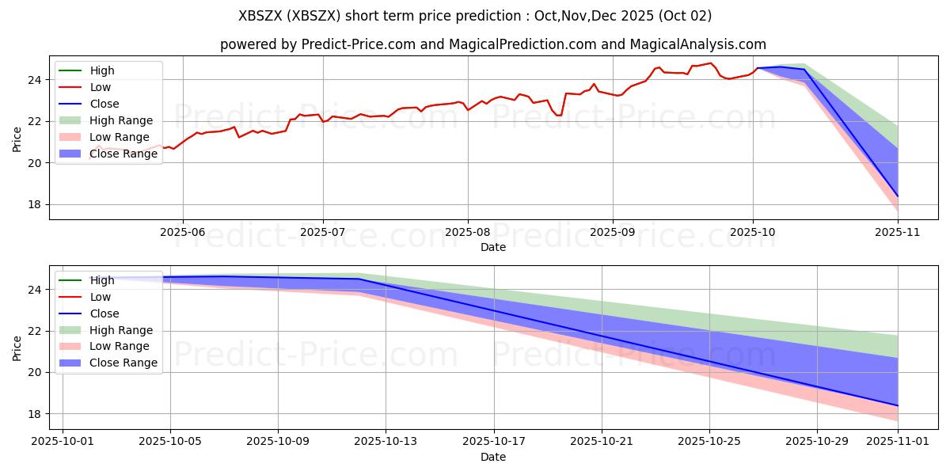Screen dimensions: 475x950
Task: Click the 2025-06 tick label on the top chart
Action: (183, 232)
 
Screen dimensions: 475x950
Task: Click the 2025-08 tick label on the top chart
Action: (467, 232)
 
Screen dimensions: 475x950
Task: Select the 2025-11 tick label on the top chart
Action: (898, 232)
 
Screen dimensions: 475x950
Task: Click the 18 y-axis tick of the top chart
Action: (36, 204)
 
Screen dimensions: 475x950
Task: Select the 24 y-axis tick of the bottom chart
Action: (36, 290)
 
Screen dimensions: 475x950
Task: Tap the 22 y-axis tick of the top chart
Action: (36, 121)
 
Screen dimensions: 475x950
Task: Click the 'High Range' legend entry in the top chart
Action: (121, 120)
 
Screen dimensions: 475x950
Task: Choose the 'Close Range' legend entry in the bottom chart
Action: (123, 363)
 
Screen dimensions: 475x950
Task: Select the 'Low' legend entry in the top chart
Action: (101, 87)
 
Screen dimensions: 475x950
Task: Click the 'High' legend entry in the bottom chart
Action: (102, 280)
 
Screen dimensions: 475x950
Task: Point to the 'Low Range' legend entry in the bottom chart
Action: (120, 347)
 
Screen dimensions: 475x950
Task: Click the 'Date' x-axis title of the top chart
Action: (493, 247)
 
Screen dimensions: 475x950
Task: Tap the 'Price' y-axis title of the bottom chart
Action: (17, 348)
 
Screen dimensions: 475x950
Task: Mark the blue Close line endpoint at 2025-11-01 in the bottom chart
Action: (898, 405)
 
